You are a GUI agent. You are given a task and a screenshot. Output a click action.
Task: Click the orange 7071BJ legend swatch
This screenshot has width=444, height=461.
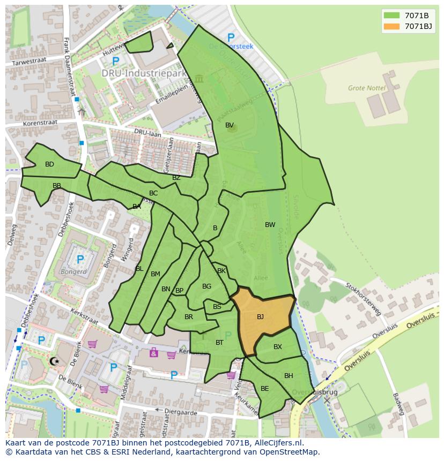coord(391,26)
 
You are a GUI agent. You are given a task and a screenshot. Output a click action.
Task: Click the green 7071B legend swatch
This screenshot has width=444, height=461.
coord(391,15)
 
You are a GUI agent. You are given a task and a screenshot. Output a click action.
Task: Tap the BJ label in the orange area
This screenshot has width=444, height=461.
coord(260,317)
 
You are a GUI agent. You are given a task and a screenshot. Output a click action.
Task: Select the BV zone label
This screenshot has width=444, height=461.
coord(230,125)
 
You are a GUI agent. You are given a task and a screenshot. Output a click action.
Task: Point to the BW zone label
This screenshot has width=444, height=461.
coord(270,225)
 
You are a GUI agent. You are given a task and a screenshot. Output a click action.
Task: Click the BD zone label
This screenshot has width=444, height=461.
coord(49,164)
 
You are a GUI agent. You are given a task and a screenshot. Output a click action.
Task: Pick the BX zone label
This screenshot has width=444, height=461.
coord(278,347)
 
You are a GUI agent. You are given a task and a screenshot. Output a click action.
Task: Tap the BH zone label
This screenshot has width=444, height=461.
coord(288,376)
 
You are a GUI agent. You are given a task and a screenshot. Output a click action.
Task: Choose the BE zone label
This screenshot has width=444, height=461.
coord(264,389)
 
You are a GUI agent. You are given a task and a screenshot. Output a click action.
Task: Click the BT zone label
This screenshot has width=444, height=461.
coord(219,343)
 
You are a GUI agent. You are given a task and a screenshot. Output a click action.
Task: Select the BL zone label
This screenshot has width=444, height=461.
coord(139,269)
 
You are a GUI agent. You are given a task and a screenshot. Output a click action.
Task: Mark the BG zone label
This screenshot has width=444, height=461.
coord(206,286)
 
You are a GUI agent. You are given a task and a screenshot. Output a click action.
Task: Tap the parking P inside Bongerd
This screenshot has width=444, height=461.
coord(80,260)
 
